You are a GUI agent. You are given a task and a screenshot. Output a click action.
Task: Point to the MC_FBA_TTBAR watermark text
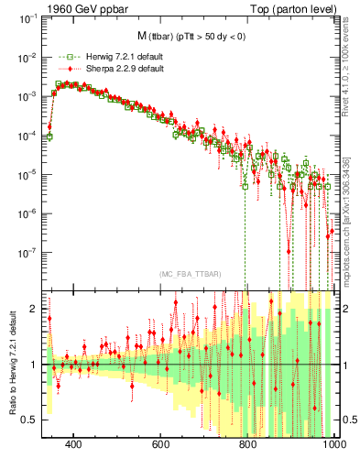click(191, 275)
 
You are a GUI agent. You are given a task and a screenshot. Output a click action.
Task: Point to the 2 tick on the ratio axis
click(34, 309)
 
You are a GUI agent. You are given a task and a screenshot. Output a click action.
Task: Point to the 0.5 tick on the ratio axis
click(30, 420)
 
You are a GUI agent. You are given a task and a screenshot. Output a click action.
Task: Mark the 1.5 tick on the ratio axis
click(30, 336)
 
